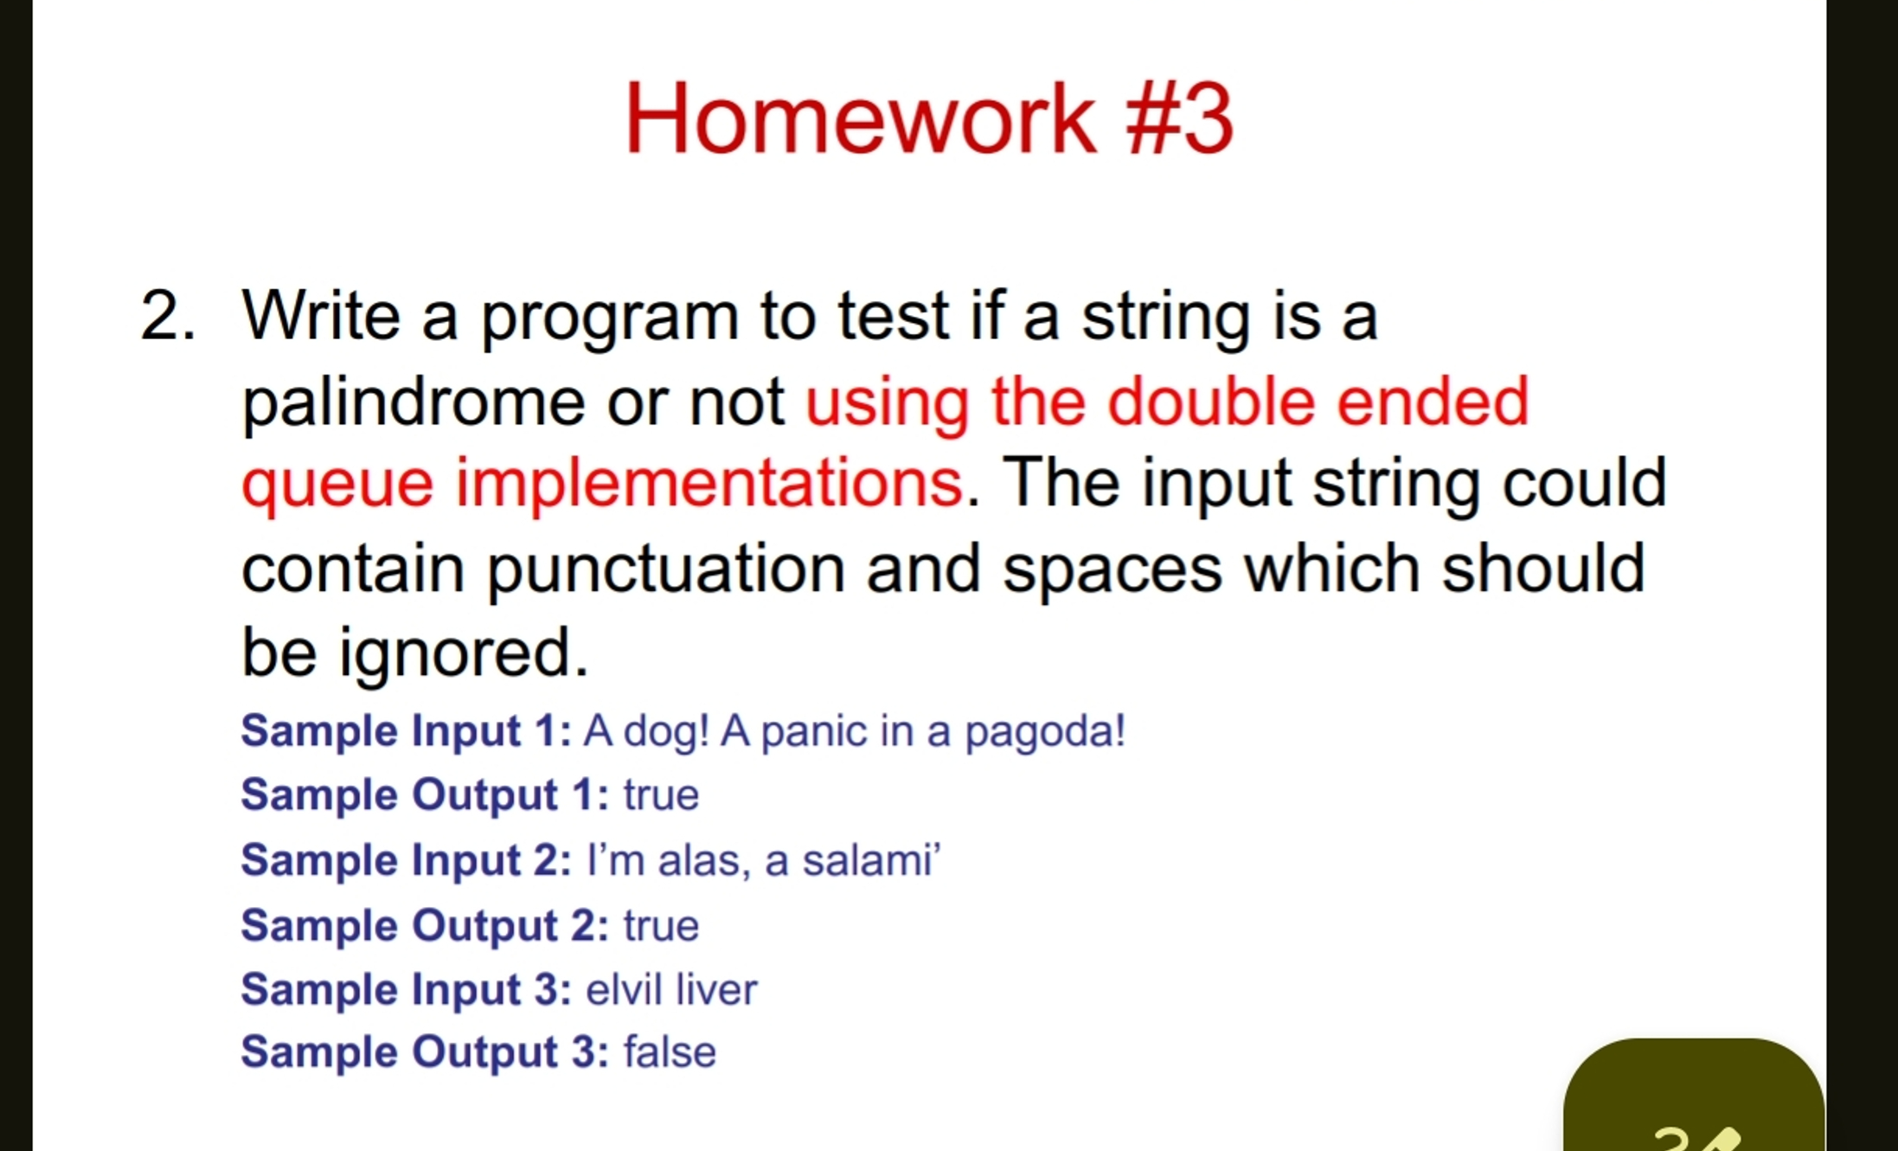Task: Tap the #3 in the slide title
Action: (x=1178, y=119)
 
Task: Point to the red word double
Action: (x=1211, y=402)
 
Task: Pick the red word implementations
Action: (x=709, y=483)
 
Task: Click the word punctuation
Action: (x=665, y=569)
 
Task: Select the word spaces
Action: (x=1112, y=569)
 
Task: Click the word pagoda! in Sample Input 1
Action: (x=1044, y=731)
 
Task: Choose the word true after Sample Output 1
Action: (x=661, y=794)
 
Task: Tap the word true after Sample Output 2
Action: (x=661, y=925)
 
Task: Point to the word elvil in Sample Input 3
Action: (x=624, y=989)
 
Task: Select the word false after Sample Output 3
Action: (x=670, y=1052)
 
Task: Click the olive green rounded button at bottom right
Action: (x=1693, y=1099)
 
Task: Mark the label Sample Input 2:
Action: (x=406, y=860)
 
